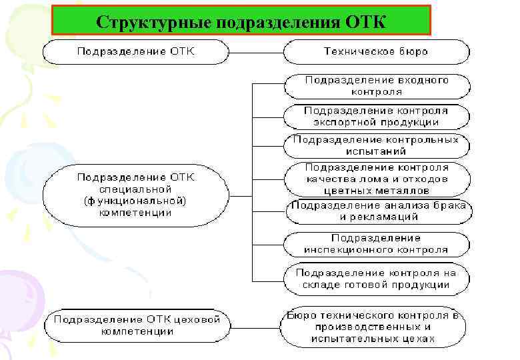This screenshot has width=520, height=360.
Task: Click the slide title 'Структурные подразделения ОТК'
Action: [241, 20]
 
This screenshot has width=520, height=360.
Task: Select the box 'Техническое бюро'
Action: [376, 51]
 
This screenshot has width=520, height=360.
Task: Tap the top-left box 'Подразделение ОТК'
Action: [136, 51]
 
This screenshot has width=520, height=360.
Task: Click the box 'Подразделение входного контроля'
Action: [377, 85]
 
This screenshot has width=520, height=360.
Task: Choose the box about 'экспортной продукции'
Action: [377, 116]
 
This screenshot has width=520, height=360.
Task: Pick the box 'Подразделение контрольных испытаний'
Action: [377, 145]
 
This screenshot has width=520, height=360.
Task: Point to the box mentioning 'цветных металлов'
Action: [377, 179]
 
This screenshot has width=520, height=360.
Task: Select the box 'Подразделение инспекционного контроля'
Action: [377, 244]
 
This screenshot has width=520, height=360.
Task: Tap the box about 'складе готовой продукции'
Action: [377, 279]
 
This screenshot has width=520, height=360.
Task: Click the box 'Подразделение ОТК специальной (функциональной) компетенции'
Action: [136, 195]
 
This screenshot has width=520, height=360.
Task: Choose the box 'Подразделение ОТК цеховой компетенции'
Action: [137, 325]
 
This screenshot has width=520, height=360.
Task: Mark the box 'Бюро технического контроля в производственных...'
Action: [374, 327]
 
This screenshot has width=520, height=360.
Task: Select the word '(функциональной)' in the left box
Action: [135, 201]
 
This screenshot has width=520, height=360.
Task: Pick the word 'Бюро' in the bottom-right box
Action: [301, 315]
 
